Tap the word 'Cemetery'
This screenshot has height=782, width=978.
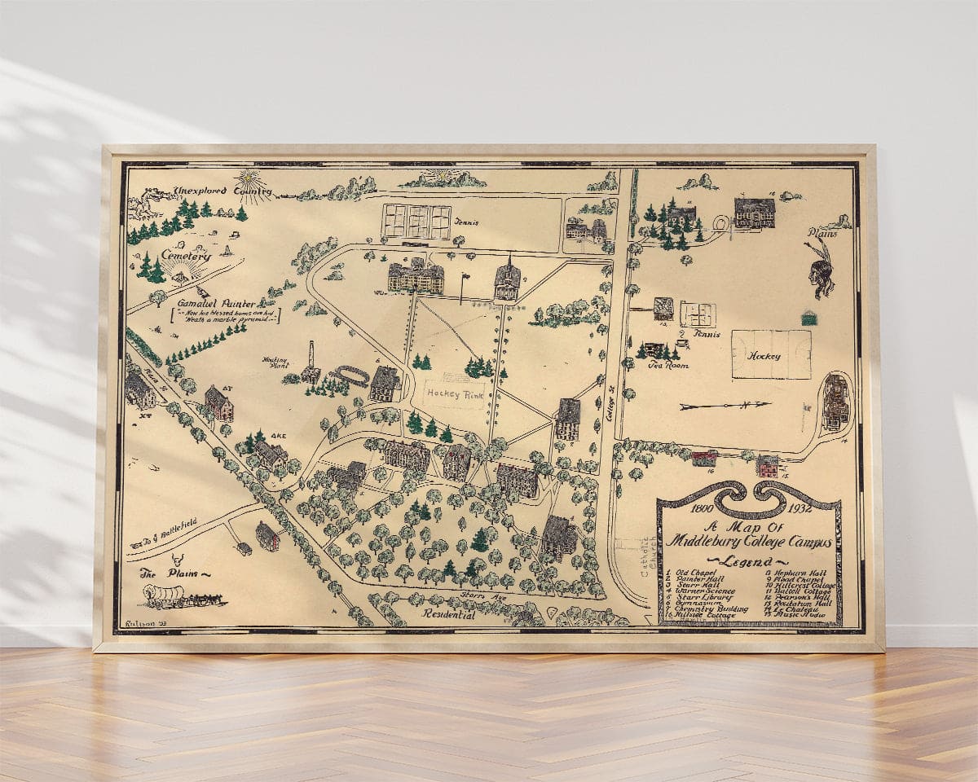coord(185,255)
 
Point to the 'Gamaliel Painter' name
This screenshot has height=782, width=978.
coord(221,303)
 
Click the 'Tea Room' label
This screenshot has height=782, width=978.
coord(667,366)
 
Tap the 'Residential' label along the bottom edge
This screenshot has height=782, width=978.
coord(448,615)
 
